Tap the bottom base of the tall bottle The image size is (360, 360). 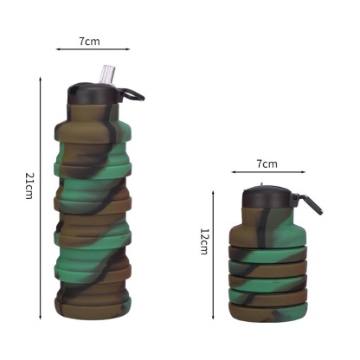point(93,317)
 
